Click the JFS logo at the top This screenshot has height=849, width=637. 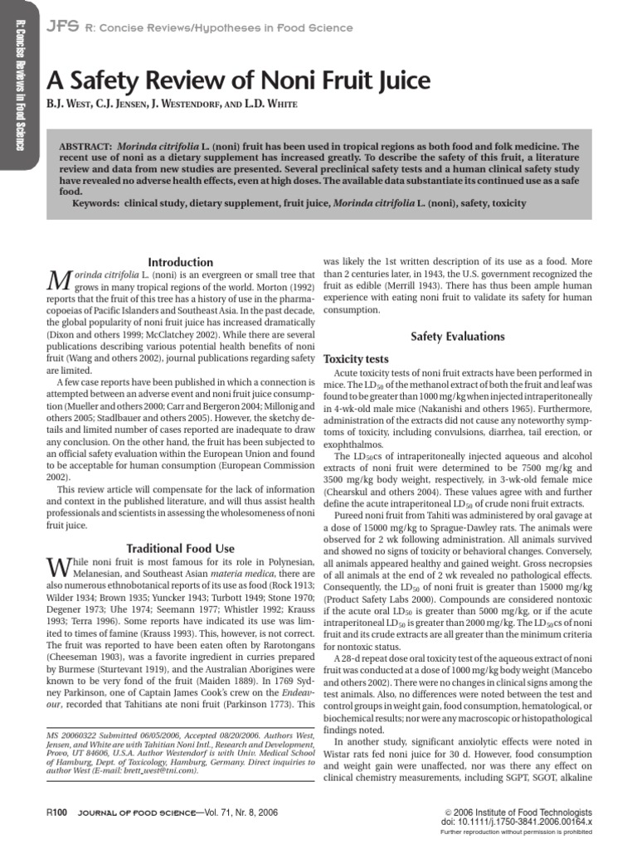pyautogui.click(x=61, y=27)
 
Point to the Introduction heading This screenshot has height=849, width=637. pyautogui.click(x=179, y=262)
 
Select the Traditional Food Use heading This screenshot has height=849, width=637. pyautogui.click(x=179, y=548)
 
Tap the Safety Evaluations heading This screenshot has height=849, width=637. pyautogui.click(x=458, y=336)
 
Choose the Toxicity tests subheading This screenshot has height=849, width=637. pyautogui.click(x=355, y=359)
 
